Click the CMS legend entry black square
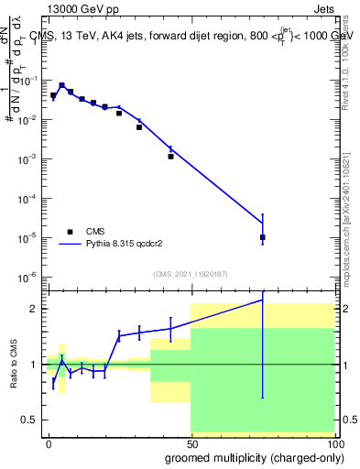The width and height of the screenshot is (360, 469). [x=70, y=232]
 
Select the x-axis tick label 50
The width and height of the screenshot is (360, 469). [x=191, y=442]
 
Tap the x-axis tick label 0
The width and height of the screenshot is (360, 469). [x=49, y=442]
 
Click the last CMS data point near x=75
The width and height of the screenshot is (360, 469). [x=262, y=237]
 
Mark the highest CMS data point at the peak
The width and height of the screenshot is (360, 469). [x=61, y=85]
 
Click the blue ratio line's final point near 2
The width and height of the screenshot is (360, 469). [x=262, y=300]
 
